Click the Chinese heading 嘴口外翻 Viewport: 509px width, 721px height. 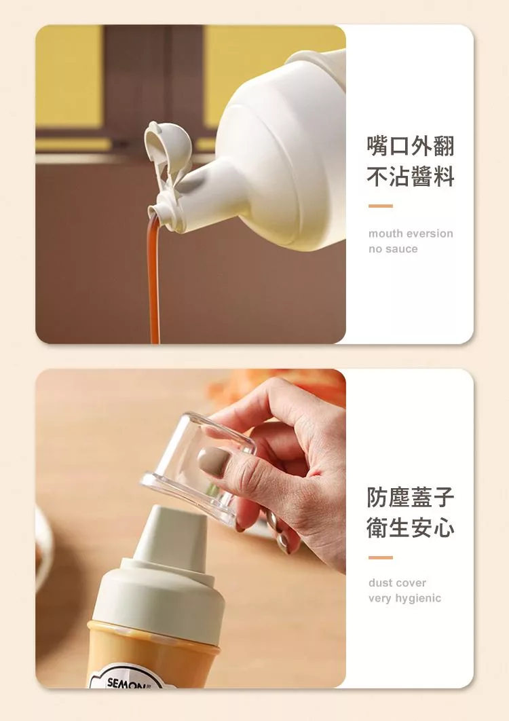point(410,146)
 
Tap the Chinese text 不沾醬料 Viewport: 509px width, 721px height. point(410,177)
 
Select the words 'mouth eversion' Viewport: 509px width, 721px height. point(411,233)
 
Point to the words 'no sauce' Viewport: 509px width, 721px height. point(393,248)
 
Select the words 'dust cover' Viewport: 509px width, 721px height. point(397,583)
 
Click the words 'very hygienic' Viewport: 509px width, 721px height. point(404,598)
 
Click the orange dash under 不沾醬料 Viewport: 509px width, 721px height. point(380,206)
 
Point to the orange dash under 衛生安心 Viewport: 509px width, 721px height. point(380,557)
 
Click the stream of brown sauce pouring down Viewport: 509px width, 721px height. point(154,280)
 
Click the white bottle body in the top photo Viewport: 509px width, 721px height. point(280,152)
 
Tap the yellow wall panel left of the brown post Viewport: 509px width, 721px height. point(69,77)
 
